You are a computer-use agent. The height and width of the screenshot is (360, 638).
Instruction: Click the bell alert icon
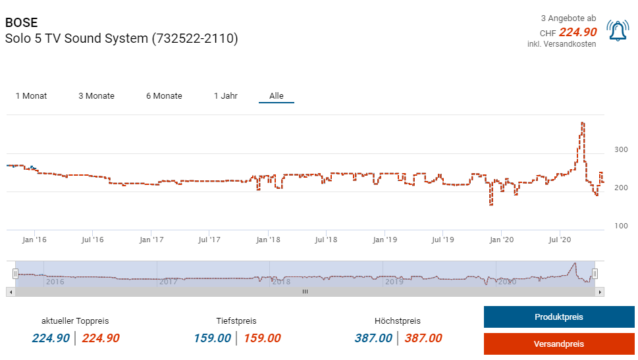point(618,31)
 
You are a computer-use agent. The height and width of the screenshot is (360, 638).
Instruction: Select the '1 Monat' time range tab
point(31,96)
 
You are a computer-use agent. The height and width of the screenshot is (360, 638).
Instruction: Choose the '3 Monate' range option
point(96,96)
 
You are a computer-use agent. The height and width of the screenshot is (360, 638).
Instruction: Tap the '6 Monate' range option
point(164,96)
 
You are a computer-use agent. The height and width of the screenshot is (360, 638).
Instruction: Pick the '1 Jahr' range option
point(225,96)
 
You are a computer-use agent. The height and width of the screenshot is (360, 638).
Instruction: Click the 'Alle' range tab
point(277,96)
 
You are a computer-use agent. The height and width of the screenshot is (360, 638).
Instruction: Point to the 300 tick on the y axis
point(621,149)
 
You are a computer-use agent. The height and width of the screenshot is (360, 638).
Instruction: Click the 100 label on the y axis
point(621,226)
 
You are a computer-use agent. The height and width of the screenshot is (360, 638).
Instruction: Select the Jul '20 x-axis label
point(559,240)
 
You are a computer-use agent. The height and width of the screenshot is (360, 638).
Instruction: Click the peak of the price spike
point(583,123)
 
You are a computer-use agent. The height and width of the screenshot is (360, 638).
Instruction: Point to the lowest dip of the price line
point(491,205)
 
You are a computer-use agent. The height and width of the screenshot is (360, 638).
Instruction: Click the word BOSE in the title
point(22,22)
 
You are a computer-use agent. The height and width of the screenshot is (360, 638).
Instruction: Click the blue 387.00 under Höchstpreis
point(373,338)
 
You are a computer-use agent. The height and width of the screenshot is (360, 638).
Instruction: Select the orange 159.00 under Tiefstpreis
point(262,338)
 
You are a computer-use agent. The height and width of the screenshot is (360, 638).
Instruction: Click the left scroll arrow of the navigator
point(10,291)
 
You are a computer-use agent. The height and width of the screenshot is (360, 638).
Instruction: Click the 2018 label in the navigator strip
point(281,282)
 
